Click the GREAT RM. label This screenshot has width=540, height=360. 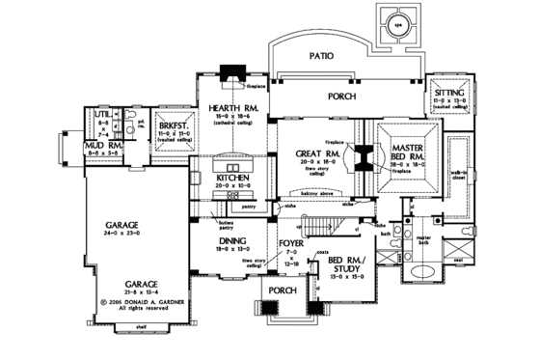(312, 153)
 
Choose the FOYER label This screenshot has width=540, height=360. (291, 245)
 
